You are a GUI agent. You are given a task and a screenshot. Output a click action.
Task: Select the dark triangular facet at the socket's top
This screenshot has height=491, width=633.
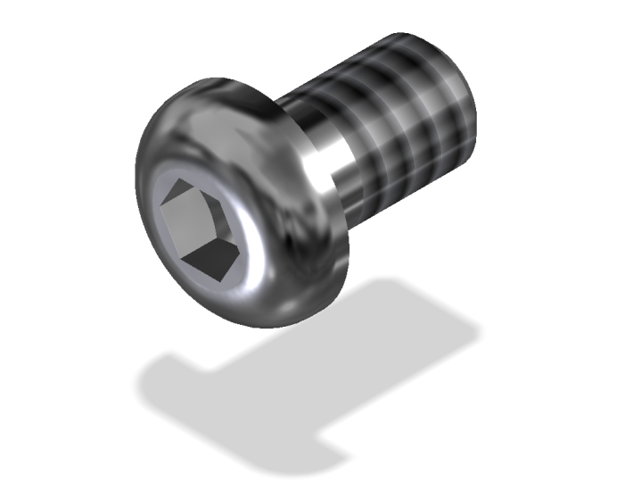pos(183,190)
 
